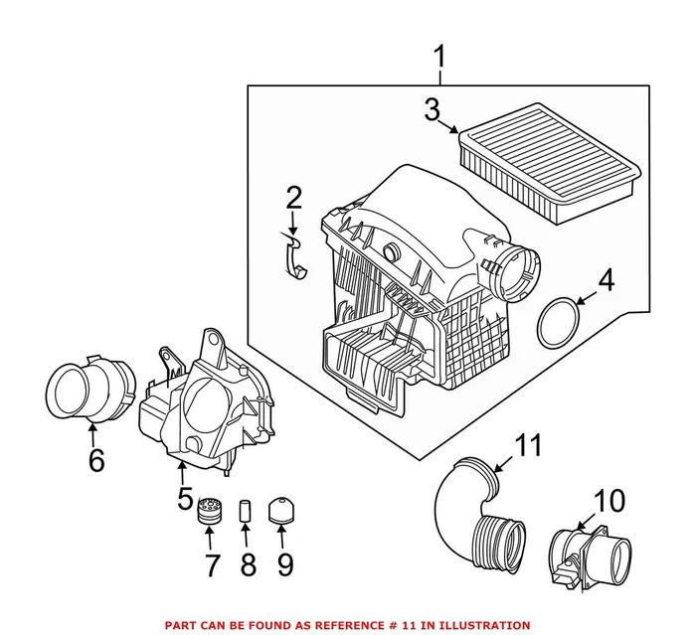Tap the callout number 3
click(431, 110)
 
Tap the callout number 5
click(185, 498)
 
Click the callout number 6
click(95, 460)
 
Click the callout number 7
click(211, 564)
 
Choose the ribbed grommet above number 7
click(211, 510)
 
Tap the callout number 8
click(248, 564)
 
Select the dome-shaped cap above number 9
click(282, 510)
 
